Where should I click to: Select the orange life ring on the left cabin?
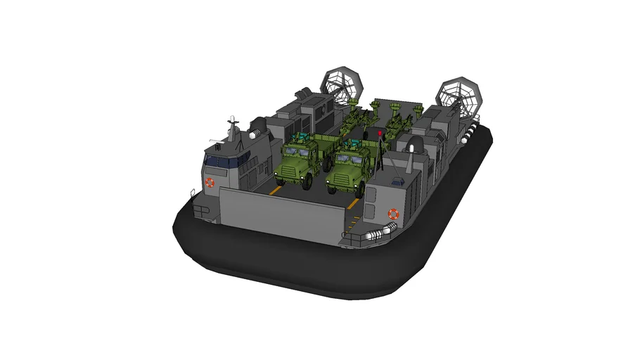(209, 182)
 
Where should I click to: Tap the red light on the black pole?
(380, 132)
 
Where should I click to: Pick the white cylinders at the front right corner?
(380, 233)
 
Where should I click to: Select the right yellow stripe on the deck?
(353, 204)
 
